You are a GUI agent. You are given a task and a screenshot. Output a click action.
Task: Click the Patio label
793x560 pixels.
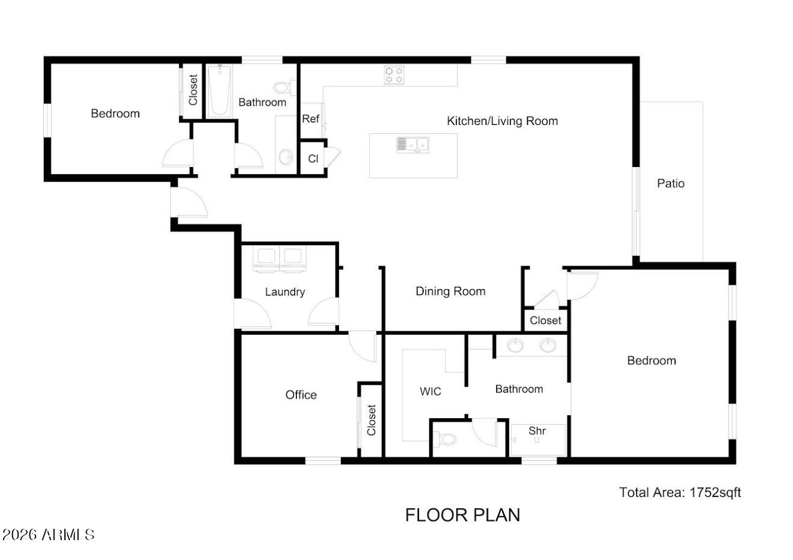[x=670, y=183]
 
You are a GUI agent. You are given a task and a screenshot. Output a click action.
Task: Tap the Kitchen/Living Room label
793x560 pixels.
[x=502, y=121]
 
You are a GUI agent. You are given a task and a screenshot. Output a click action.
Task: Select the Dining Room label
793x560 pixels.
[x=450, y=291]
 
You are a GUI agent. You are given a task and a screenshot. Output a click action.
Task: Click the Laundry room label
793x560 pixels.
[x=285, y=292]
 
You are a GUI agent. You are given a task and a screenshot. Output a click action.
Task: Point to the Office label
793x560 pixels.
[x=301, y=395]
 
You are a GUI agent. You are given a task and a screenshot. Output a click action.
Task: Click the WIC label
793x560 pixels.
[x=430, y=391]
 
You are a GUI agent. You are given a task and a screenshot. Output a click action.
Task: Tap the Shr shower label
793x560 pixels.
[x=537, y=431]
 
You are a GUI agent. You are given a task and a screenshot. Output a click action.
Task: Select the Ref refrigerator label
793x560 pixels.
[x=310, y=118]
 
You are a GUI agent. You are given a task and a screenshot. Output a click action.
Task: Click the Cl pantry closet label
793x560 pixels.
[x=313, y=159]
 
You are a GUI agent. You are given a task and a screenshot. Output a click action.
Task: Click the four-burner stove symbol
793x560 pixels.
[x=394, y=75]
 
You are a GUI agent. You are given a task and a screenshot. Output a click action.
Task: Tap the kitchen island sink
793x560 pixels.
[x=413, y=145]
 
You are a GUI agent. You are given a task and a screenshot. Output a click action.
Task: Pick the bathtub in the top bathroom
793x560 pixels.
[x=219, y=91]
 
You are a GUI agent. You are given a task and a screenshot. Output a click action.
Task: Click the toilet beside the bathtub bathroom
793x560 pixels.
[x=285, y=87]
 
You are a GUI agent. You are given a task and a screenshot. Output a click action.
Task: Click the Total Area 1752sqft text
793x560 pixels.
[x=680, y=492]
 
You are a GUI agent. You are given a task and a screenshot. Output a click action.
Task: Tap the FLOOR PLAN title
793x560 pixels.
[x=462, y=515]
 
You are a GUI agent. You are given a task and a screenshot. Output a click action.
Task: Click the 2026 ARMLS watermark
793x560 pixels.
[x=49, y=535]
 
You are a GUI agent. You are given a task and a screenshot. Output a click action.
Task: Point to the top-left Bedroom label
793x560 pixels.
[x=115, y=114]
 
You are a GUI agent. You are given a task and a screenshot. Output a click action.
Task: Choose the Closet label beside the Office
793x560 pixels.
[x=372, y=420]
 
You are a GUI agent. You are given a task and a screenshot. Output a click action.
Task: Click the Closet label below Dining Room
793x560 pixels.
[x=545, y=320]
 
